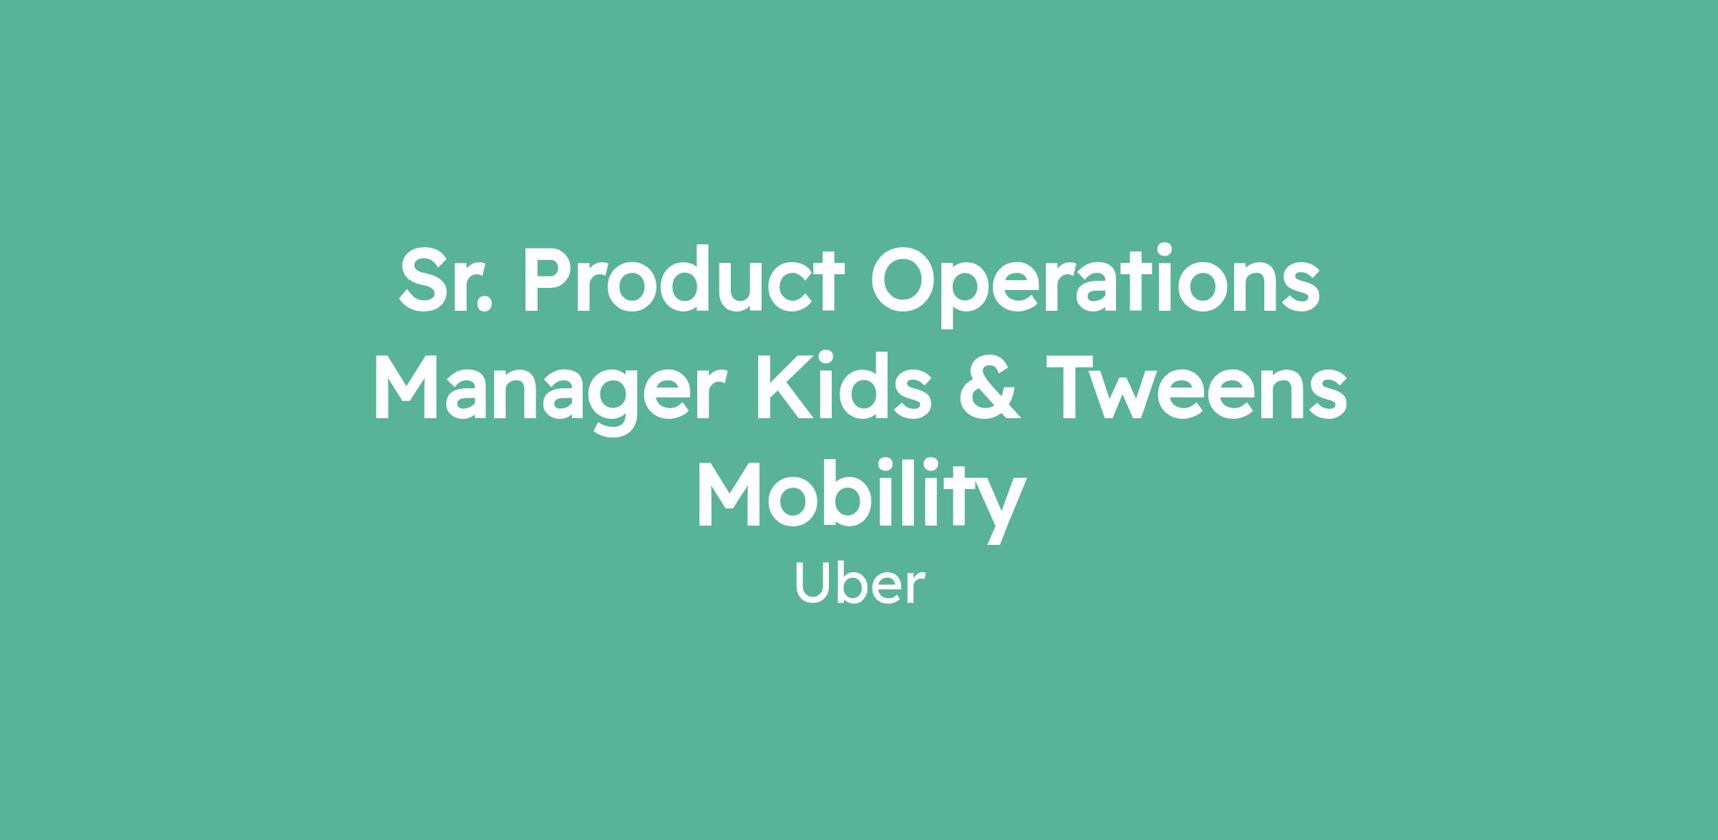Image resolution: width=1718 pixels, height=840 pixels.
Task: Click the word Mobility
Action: point(860,498)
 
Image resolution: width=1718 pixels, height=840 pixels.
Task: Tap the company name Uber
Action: point(859,585)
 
